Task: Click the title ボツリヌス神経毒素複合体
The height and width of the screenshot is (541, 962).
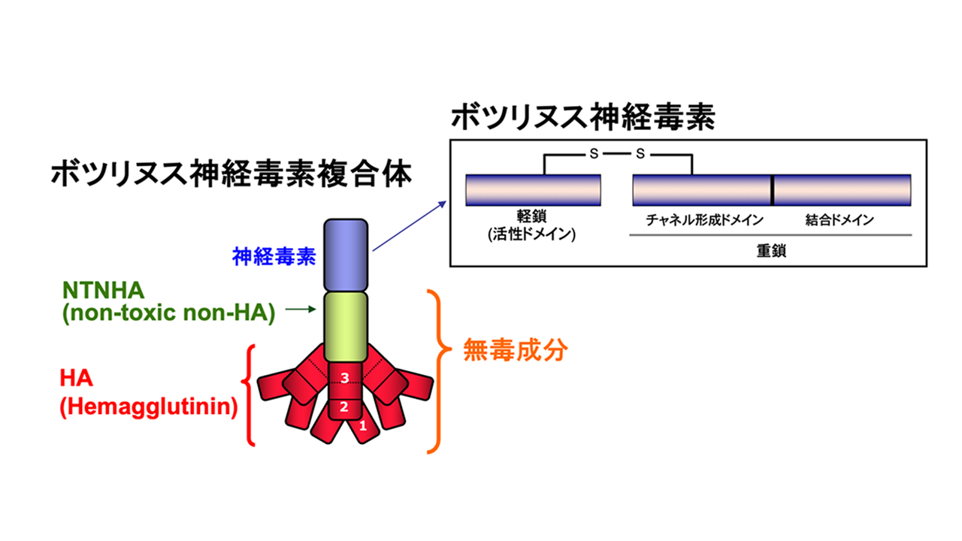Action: (x=231, y=175)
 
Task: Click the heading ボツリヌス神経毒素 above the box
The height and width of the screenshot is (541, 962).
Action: (x=582, y=118)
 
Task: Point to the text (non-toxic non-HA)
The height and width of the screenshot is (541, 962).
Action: (x=167, y=315)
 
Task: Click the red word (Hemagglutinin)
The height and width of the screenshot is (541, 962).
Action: (x=149, y=408)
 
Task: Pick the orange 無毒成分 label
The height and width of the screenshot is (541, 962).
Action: (x=514, y=351)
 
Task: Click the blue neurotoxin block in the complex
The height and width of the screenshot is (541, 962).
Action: (x=346, y=256)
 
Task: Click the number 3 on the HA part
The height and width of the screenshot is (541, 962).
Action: (x=345, y=379)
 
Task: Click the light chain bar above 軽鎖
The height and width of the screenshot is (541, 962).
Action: (x=533, y=190)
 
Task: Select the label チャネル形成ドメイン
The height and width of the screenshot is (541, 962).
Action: (x=705, y=220)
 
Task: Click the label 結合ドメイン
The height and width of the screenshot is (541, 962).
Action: (x=839, y=220)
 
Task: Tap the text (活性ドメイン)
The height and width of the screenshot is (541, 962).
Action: (x=531, y=234)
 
